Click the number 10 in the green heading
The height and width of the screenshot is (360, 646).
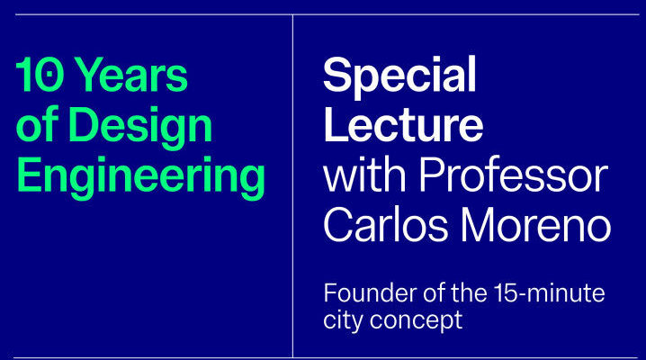tap(40, 75)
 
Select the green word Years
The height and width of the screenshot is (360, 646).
tap(132, 75)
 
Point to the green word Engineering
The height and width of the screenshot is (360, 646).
tap(140, 178)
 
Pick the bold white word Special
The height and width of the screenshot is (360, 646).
tap(400, 77)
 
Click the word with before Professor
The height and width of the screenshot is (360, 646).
tap(364, 175)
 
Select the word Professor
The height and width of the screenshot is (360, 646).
tap(514, 175)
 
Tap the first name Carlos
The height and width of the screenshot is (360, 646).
tap(386, 224)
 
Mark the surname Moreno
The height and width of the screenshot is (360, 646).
tap(535, 224)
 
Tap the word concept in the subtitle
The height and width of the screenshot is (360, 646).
tap(416, 321)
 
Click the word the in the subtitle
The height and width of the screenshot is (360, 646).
tap(470, 292)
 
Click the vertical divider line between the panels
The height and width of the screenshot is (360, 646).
tap(293, 186)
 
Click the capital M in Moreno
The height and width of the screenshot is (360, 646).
tap(478, 224)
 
